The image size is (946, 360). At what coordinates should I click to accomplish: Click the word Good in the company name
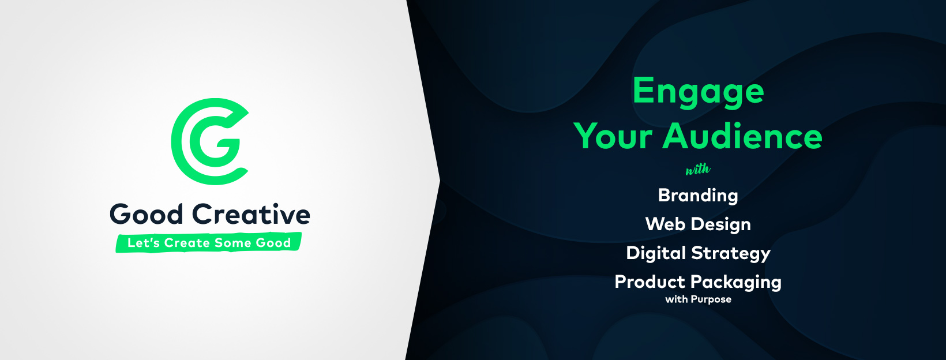click(x=146, y=214)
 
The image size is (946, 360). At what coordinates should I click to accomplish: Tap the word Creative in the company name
click(x=251, y=214)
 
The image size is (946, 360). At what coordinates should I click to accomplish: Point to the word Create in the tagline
click(x=187, y=242)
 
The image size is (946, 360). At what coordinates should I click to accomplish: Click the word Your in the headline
click(x=613, y=136)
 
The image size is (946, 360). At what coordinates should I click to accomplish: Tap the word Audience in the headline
click(x=742, y=136)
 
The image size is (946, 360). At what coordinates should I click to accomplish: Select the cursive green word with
click(x=698, y=170)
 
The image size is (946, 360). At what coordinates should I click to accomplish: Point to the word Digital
click(x=656, y=253)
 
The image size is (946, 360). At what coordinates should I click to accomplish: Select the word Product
click(x=650, y=282)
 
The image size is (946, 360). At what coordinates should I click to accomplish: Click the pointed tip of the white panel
click(x=440, y=181)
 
